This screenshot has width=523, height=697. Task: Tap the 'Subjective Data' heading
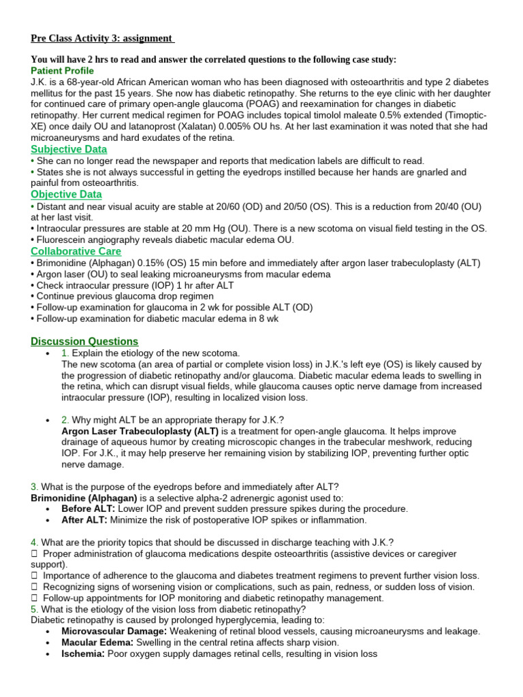coord(69,149)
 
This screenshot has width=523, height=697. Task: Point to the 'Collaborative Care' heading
coord(76,251)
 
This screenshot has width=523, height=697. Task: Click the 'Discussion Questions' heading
coord(84,341)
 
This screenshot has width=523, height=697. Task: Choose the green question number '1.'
coord(65,353)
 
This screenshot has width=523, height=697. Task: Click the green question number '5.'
coord(34,609)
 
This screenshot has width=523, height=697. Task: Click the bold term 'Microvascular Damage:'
coord(114,631)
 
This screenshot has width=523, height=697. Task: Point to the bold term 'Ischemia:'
coord(82,653)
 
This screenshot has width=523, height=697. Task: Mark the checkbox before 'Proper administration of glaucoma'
coord(34,553)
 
